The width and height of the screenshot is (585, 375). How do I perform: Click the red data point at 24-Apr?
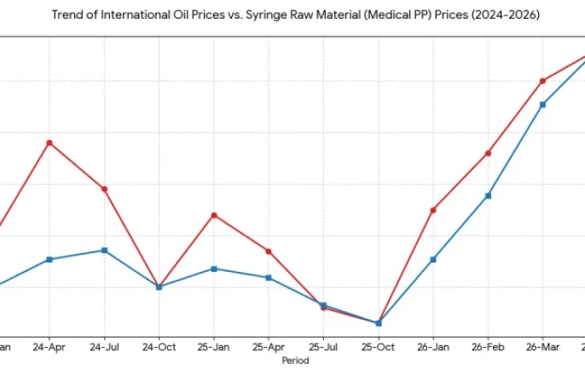[49, 142]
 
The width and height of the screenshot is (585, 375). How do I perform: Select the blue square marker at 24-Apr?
[49, 259]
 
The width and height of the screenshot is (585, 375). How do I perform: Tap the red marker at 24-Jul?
[104, 189]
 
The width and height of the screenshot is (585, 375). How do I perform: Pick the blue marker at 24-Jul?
[104, 251]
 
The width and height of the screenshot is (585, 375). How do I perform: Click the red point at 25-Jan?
[214, 215]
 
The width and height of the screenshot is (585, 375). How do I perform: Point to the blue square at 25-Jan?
[214, 268]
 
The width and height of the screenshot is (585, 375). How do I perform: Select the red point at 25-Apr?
[269, 251]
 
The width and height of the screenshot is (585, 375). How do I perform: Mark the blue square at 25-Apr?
[269, 278]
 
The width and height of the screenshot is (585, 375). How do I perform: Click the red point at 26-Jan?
[433, 210]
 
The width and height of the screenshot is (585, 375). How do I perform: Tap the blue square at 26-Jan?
[433, 259]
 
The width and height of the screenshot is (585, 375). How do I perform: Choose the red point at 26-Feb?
[488, 153]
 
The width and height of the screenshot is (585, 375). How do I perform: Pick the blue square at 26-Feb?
[488, 196]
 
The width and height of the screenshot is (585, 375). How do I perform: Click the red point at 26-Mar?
[542, 81]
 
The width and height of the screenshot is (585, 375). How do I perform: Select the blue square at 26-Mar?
[542, 105]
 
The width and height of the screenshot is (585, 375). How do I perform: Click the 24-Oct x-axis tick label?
[159, 348]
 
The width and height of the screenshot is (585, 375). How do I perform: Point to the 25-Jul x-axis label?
[323, 348]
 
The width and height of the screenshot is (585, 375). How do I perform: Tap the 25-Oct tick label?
[378, 348]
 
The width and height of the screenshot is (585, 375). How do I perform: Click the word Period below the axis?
[295, 361]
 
